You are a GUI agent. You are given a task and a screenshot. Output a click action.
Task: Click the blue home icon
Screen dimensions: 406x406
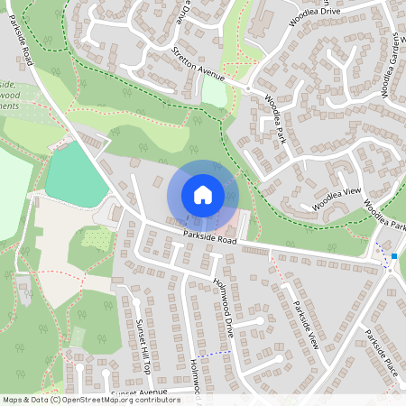(203, 195)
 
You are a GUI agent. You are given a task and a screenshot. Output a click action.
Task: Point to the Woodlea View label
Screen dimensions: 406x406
(337, 199)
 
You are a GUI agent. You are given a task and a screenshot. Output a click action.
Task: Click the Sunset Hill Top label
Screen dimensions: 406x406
(144, 341)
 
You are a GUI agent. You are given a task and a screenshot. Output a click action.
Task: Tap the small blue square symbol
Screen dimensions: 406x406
(394, 257)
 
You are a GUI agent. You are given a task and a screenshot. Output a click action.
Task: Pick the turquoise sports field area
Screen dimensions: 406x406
(78, 175)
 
